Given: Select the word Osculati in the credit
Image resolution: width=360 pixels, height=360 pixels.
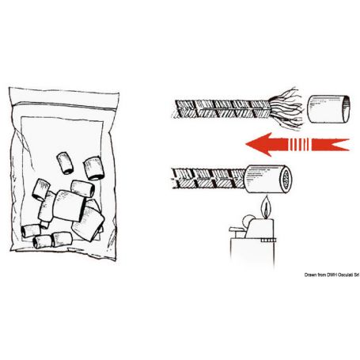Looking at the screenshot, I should tap(341, 275).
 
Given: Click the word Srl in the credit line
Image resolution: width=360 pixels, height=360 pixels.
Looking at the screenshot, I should tap(355, 275).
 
